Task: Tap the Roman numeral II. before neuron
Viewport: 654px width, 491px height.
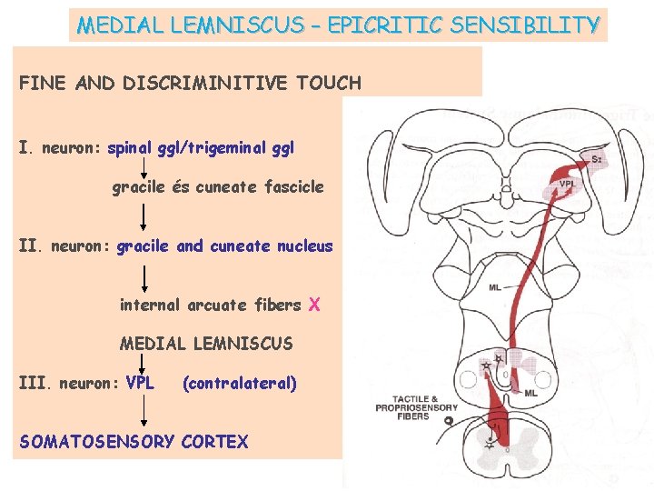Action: (32, 245)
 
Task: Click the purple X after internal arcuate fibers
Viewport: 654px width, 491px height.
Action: (314, 305)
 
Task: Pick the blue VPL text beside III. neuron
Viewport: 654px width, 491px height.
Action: (140, 383)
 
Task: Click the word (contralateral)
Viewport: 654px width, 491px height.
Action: (240, 383)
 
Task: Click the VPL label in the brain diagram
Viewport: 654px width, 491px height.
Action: (568, 185)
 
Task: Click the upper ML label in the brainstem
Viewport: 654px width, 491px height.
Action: (494, 287)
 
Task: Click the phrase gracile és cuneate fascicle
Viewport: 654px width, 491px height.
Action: (218, 187)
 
